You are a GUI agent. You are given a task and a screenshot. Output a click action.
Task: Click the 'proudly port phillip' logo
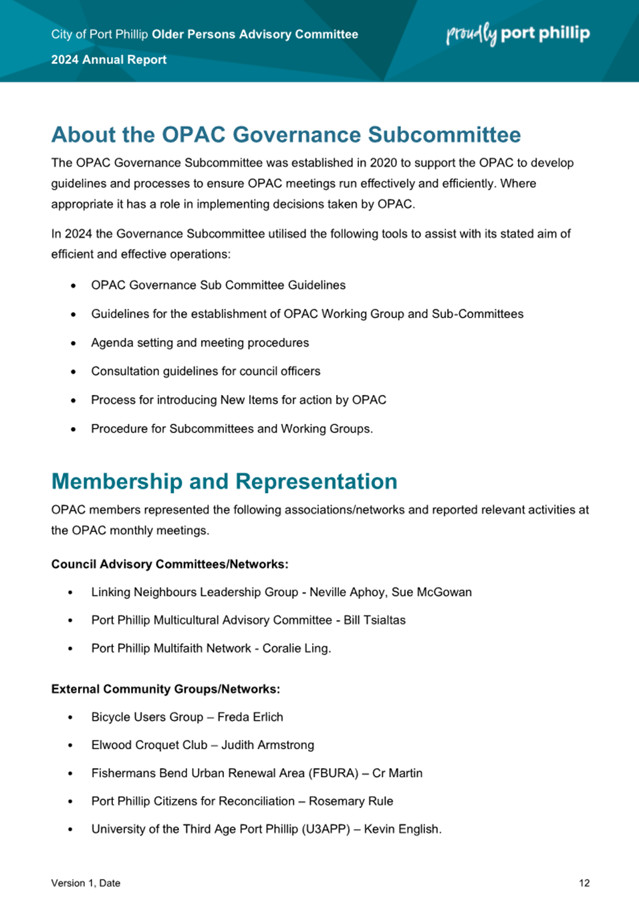518,33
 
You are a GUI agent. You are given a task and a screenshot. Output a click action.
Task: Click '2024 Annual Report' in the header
109,59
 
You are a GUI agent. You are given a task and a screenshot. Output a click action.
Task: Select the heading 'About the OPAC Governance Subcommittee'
286,134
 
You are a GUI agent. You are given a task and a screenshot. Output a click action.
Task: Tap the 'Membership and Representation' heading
224,481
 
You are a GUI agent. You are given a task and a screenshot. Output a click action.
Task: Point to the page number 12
584,883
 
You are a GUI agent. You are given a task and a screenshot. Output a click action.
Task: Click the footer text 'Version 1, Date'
86,883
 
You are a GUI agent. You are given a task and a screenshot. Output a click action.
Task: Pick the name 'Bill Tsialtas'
374,620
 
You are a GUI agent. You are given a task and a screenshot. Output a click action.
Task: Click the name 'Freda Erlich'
250,717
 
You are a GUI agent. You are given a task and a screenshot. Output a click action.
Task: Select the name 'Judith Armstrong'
267,745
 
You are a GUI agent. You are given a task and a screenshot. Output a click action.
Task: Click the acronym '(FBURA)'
333,773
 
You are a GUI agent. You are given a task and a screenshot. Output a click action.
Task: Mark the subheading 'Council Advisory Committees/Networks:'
170,564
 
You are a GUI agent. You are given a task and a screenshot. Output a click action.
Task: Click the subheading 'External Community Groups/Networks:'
166,689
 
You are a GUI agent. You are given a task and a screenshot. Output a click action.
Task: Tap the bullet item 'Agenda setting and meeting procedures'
200,343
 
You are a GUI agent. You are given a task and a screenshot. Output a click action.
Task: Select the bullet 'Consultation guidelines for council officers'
206,372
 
